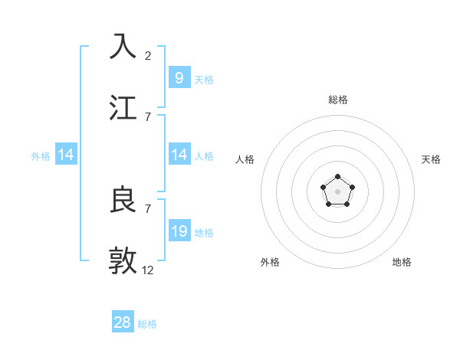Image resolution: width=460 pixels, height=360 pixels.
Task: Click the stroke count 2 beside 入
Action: (x=148, y=56)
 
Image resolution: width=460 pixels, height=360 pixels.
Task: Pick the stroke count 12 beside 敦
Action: (x=148, y=270)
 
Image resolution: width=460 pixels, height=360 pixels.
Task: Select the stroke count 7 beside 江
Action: (x=148, y=116)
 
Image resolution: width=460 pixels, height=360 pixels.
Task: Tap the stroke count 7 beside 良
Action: (x=148, y=208)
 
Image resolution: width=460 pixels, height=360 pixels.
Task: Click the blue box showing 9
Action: (x=179, y=77)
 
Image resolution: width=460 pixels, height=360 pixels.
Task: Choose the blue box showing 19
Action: (x=179, y=231)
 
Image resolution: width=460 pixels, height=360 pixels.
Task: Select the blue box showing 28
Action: (x=123, y=322)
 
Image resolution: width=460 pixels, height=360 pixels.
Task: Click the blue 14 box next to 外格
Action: (x=66, y=155)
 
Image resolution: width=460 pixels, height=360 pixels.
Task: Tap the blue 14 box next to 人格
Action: (x=179, y=155)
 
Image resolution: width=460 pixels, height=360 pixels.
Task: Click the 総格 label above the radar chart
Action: (x=338, y=100)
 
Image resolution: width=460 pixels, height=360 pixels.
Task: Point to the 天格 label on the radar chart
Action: (x=431, y=159)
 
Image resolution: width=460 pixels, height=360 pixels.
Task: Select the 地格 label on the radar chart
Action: (x=402, y=262)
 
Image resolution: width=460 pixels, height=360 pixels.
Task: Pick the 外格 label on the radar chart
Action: (x=270, y=262)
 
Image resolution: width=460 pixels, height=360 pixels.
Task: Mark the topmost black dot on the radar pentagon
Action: (x=338, y=177)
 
